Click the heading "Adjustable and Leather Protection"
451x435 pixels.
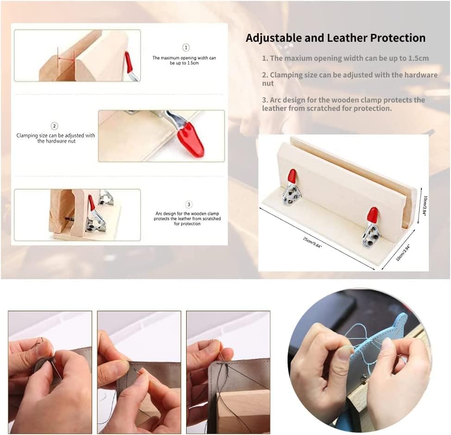point(335,38)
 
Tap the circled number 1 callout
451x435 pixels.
point(186,47)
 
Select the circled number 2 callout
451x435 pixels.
point(54,126)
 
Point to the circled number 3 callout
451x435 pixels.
point(188,205)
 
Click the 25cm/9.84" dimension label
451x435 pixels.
point(313,242)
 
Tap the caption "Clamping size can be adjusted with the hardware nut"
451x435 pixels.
point(56,138)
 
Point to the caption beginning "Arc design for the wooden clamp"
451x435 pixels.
point(187,218)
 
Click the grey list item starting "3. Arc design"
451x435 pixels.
point(344,104)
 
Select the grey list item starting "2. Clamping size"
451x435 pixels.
point(350,79)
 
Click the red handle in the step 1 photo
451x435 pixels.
point(129,62)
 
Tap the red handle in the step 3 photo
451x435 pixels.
point(92,203)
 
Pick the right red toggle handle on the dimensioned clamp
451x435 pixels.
point(373,215)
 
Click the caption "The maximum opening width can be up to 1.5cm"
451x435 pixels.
point(184,60)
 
